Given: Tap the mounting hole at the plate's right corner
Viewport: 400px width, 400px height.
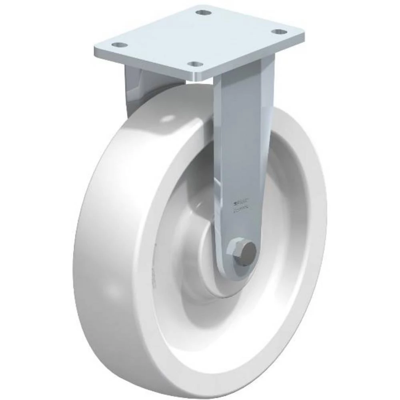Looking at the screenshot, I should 279,32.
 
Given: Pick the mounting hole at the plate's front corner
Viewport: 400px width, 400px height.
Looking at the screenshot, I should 195,64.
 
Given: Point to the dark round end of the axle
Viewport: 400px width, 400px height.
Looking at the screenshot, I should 250,250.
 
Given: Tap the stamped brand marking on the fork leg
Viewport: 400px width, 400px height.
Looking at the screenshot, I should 241,205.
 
